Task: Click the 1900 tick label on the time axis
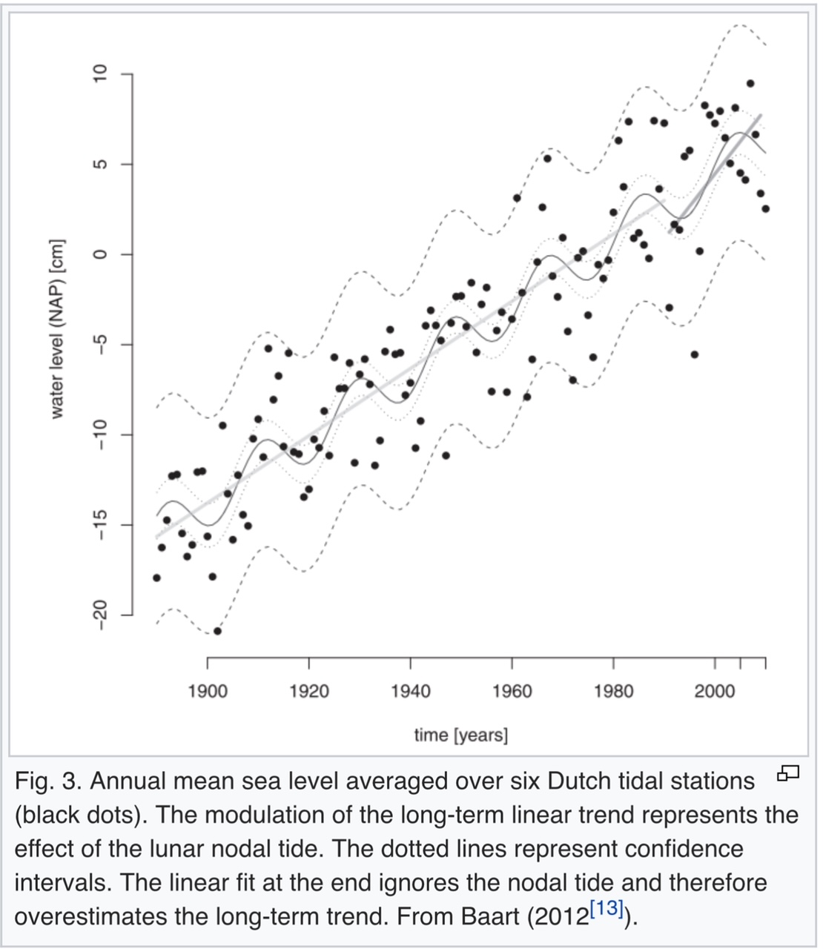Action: (208, 691)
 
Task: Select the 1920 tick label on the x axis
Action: (308, 691)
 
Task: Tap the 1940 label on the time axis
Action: (410, 691)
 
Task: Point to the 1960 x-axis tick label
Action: (512, 691)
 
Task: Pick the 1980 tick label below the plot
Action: (613, 691)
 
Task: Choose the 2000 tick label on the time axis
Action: (715, 691)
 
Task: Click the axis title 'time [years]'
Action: (461, 735)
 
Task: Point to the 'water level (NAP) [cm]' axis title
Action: (57, 329)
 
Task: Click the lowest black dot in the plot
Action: (217, 631)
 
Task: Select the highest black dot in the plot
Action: (750, 83)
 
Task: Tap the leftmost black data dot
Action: (156, 578)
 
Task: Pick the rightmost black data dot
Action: (765, 208)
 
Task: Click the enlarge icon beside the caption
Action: (787, 775)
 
